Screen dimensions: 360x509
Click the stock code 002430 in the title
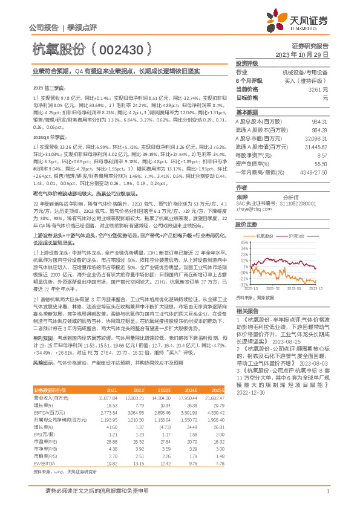pyautogui.click(x=121, y=48)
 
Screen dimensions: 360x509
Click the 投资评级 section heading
pyautogui.click(x=246, y=63)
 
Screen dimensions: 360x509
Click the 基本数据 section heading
pyautogui.click(x=246, y=113)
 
